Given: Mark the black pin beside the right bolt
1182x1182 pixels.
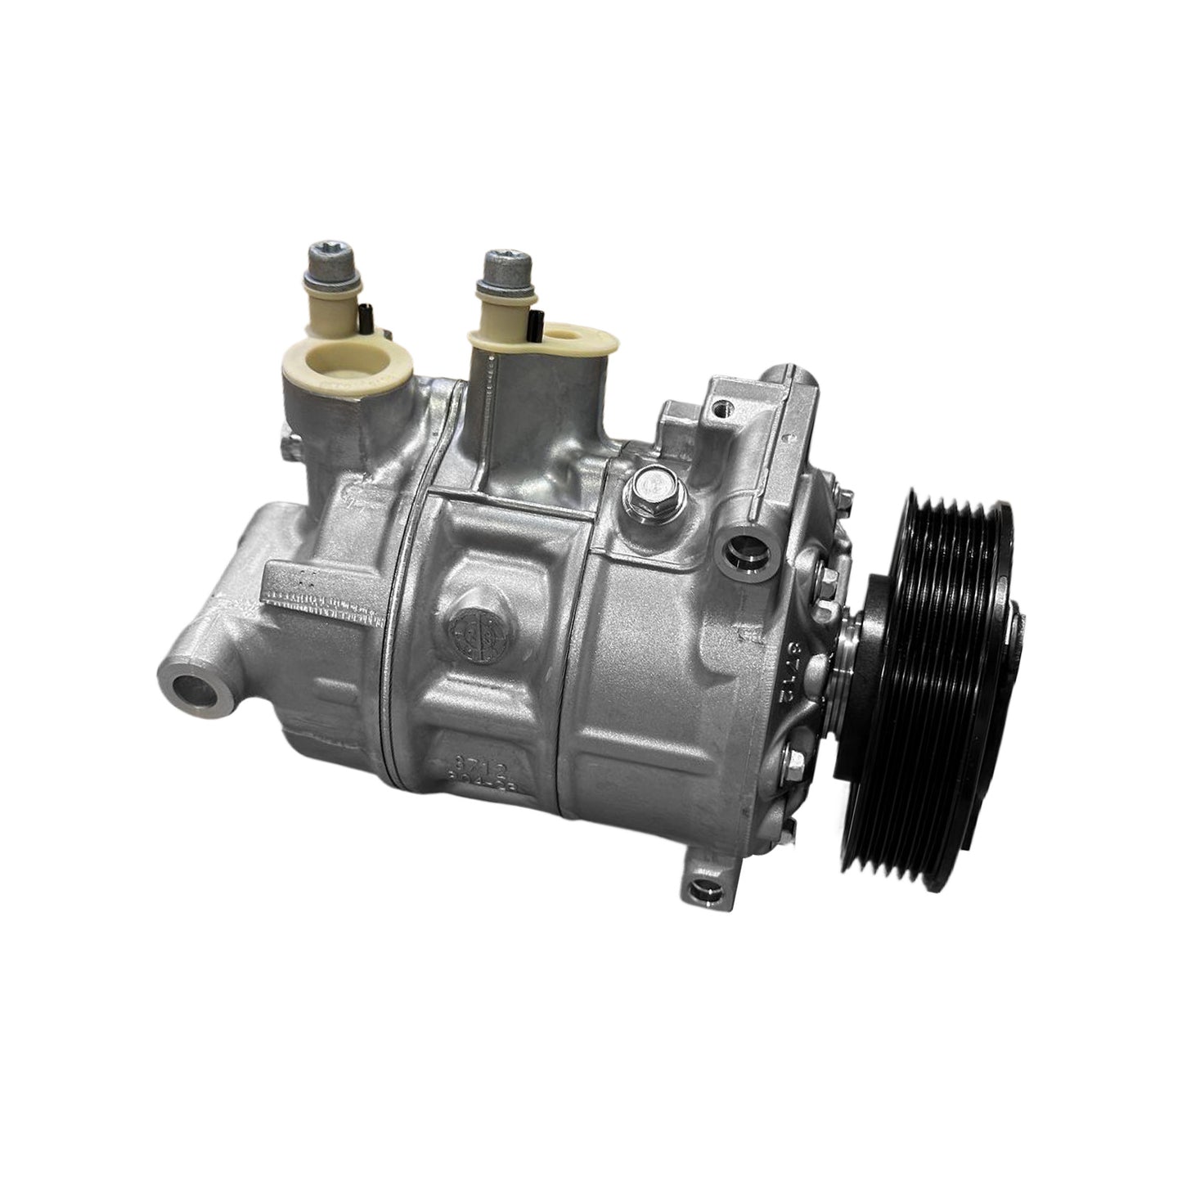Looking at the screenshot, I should click(x=539, y=326).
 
